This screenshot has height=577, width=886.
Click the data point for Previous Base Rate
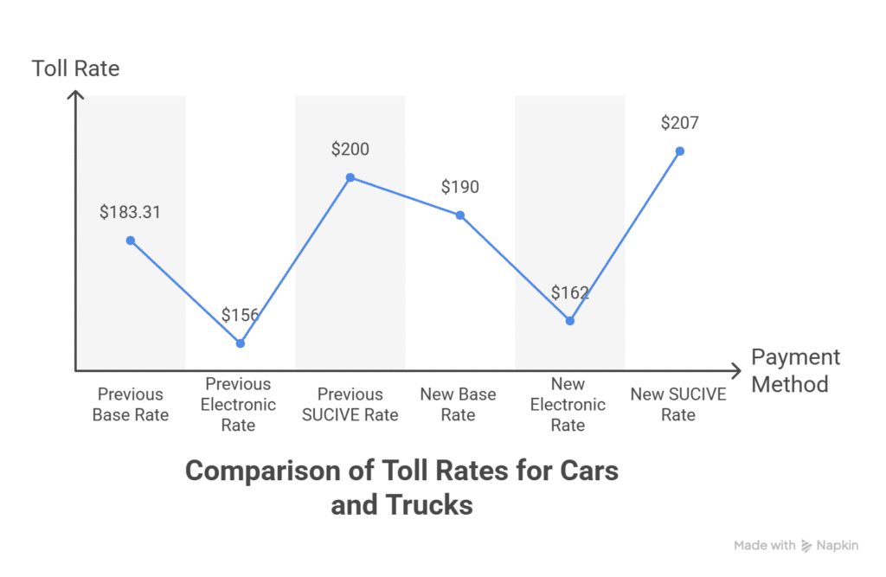131,240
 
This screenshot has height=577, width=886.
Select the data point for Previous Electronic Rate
241,343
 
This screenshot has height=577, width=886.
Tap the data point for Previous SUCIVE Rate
350,177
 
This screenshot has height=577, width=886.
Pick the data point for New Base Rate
460,215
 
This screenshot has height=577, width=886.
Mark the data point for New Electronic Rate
570,321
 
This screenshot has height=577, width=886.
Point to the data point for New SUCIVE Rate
680,151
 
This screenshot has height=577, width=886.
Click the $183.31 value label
130,212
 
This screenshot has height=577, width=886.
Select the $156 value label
240,315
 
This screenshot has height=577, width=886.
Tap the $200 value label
350,149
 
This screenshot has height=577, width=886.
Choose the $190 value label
459,187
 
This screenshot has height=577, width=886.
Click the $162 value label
569,292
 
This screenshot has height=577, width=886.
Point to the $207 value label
679,122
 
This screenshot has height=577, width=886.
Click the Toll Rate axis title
76,68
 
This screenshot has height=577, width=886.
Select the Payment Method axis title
795,370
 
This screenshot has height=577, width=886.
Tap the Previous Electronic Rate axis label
239,405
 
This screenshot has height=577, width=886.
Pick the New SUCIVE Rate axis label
678,405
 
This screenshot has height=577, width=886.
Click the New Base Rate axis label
459,405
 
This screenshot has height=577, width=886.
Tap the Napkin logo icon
806,546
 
